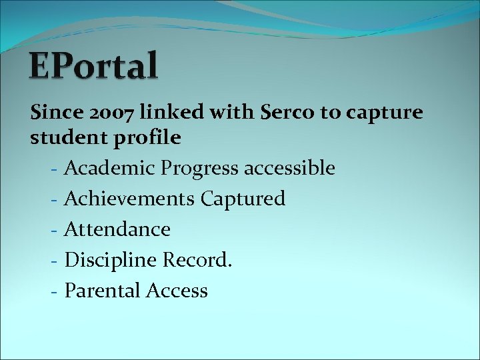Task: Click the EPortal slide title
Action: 94,67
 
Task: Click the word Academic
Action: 110,169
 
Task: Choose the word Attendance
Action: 117,229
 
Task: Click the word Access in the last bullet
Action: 175,291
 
